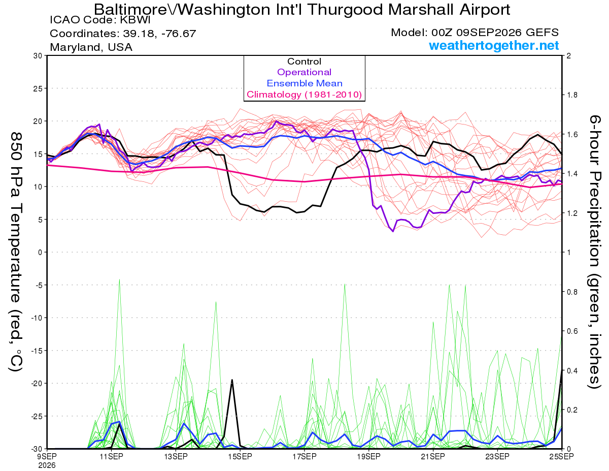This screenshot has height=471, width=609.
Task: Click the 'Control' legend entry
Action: click(304, 61)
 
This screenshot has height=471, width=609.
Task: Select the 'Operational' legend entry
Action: click(304, 72)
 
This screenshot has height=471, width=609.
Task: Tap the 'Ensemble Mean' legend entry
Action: click(304, 83)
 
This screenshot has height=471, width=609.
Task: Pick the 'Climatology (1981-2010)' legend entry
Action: click(304, 95)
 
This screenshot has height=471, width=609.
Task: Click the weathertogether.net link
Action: click(494, 45)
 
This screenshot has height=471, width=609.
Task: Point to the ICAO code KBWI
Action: click(135, 20)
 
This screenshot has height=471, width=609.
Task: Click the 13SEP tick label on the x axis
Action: click(176, 457)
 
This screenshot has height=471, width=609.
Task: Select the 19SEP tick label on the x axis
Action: click(368, 457)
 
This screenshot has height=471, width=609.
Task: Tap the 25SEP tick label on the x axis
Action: click(561, 457)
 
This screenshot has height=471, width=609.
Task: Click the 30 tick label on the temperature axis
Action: click(38, 56)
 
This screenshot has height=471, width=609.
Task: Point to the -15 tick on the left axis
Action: click(36, 351)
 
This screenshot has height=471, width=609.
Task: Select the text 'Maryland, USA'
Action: click(91, 47)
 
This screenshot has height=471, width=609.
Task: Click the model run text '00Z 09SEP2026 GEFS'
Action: click(495, 33)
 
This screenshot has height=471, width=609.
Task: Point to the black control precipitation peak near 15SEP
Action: click(232, 380)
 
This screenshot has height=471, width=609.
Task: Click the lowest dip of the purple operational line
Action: click(393, 231)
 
